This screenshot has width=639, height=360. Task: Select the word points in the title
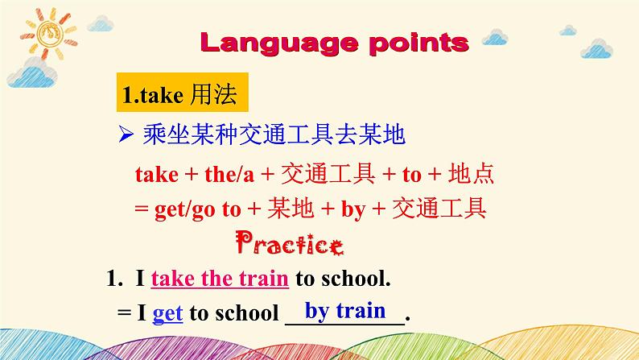[x=419, y=43]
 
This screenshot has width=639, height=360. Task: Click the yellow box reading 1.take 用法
[x=182, y=92]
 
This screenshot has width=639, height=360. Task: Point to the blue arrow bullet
[x=126, y=134]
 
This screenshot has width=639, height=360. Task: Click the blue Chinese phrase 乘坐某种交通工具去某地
[x=274, y=134]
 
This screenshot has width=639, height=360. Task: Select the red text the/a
[x=229, y=175]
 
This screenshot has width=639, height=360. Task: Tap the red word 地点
[x=471, y=174]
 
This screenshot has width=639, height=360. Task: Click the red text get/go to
[x=198, y=209]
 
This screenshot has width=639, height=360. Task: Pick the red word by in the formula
[x=353, y=209]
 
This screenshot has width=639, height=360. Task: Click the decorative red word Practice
[x=290, y=243]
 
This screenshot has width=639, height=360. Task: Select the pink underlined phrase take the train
[x=220, y=279]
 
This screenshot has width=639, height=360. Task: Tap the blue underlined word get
[x=167, y=313]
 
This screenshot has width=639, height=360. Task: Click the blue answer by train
[x=345, y=311]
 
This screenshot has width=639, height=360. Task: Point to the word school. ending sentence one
[x=356, y=279]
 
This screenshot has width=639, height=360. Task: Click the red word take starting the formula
[x=157, y=175]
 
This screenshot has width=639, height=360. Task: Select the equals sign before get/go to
[x=141, y=209]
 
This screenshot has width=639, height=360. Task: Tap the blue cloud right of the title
[x=495, y=37]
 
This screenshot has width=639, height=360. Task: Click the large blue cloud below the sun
[x=31, y=73]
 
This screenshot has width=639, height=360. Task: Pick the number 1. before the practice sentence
[x=114, y=279]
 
